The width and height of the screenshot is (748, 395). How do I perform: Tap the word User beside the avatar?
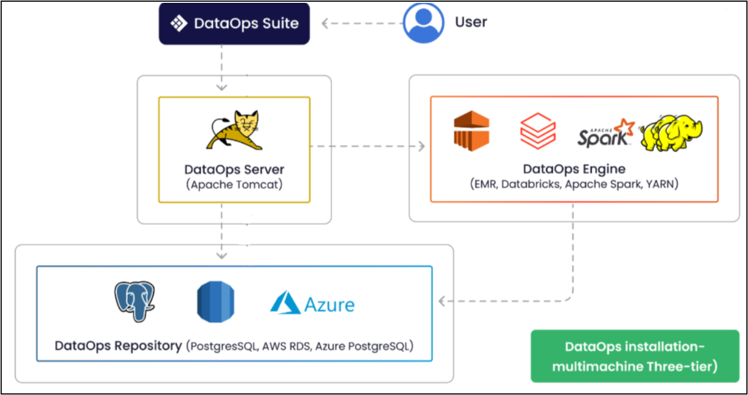click(471, 22)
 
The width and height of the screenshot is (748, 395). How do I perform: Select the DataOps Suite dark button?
click(234, 24)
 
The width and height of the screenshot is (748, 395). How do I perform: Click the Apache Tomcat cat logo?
click(234, 131)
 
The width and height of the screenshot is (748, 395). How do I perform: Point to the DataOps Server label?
click(234, 169)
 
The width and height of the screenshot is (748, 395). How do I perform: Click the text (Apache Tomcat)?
click(234, 184)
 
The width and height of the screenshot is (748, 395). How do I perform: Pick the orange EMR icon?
click(471, 131)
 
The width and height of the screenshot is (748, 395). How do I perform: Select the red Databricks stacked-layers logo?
click(538, 131)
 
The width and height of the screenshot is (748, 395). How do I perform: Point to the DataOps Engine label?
click(574, 168)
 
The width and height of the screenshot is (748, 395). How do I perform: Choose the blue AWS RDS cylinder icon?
click(215, 302)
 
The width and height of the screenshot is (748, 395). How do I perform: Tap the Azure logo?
click(312, 303)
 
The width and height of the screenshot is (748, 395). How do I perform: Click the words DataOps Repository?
click(118, 345)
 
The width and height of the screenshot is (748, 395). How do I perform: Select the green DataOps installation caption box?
click(635, 357)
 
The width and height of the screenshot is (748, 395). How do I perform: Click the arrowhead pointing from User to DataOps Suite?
click(326, 24)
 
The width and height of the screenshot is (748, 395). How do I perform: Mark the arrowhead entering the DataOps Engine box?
click(421, 146)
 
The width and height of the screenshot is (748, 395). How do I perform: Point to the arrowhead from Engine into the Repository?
click(442, 301)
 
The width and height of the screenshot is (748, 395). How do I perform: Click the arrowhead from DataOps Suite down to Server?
click(222, 87)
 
